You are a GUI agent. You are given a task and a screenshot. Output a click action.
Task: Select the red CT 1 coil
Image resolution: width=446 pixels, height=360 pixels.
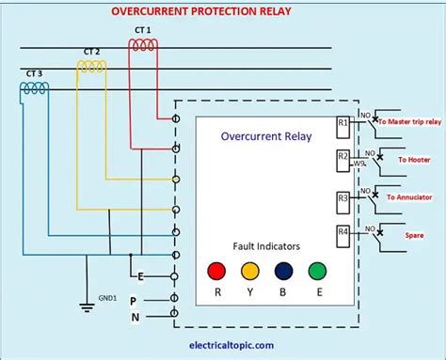[143, 45]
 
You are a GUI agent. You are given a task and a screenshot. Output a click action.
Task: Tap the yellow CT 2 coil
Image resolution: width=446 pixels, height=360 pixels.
[91, 66]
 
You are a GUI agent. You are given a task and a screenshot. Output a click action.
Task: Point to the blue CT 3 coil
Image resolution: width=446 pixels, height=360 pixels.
[35, 87]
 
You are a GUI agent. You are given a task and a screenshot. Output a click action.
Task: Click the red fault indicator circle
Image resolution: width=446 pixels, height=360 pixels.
[217, 272]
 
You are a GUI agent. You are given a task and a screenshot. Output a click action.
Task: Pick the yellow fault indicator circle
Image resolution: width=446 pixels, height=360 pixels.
[250, 272]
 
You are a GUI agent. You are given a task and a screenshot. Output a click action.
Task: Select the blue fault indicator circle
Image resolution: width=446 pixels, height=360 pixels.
[282, 272]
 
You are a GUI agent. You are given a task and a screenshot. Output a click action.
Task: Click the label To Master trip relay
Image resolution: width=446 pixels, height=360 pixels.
[407, 120]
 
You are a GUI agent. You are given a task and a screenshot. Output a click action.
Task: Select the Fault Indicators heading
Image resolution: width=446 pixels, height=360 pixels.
[266, 245]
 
